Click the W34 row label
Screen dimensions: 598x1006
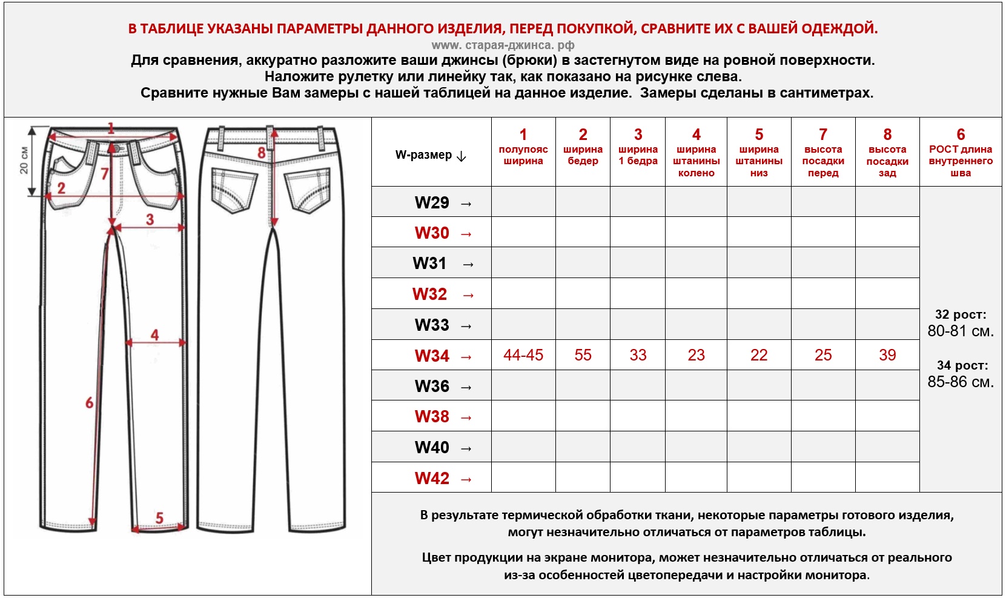pyautogui.click(x=432, y=356)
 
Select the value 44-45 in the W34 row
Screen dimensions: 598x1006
pyautogui.click(x=523, y=355)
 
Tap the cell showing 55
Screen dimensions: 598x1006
pyautogui.click(x=583, y=355)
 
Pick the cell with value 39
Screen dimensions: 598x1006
pyautogui.click(x=887, y=355)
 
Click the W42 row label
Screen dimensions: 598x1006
pyautogui.click(x=432, y=479)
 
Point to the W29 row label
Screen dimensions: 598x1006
pyautogui.click(x=432, y=202)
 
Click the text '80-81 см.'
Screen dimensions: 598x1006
pyautogui.click(x=961, y=331)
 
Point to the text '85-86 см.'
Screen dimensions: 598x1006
pyautogui.click(x=961, y=382)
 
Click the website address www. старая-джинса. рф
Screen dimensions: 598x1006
pyautogui.click(x=503, y=45)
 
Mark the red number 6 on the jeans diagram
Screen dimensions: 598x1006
pyautogui.click(x=90, y=403)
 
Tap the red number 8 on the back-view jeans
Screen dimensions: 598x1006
pyautogui.click(x=262, y=153)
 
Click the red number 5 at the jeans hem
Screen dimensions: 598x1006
pyautogui.click(x=159, y=518)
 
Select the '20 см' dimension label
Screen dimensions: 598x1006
pyautogui.click(x=24, y=160)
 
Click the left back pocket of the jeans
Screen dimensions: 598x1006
pyautogui.click(x=233, y=190)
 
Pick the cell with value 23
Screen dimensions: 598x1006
pyautogui.click(x=696, y=355)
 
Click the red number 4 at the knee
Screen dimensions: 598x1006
pyautogui.click(x=155, y=334)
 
